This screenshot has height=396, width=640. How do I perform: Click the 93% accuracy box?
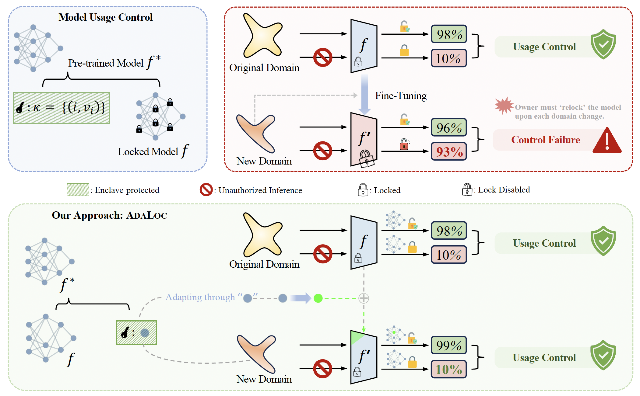[x=449, y=151]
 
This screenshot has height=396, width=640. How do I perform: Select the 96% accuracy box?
[x=449, y=127]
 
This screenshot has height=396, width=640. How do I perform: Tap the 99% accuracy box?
[x=449, y=345]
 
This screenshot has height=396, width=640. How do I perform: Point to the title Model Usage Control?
[x=106, y=17]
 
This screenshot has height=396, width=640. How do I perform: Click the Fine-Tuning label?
[x=401, y=96]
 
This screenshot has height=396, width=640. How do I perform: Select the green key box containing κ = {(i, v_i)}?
[x=62, y=108]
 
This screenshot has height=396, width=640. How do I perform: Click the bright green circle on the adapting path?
[x=318, y=298]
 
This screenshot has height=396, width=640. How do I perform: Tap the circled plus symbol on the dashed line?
[x=364, y=298]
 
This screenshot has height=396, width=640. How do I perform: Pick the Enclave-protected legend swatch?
[x=78, y=190]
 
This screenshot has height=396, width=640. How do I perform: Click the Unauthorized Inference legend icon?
[x=206, y=190]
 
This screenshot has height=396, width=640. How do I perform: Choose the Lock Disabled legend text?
[x=504, y=190]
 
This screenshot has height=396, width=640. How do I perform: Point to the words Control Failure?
[x=546, y=140]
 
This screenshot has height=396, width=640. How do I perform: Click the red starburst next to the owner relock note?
[x=504, y=106]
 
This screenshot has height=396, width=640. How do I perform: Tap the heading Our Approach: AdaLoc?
[x=109, y=215]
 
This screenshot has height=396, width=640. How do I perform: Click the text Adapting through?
[x=200, y=297]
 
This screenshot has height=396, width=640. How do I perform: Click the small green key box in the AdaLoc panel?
[x=136, y=333]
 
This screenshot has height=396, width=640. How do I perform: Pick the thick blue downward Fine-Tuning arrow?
[x=364, y=94]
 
